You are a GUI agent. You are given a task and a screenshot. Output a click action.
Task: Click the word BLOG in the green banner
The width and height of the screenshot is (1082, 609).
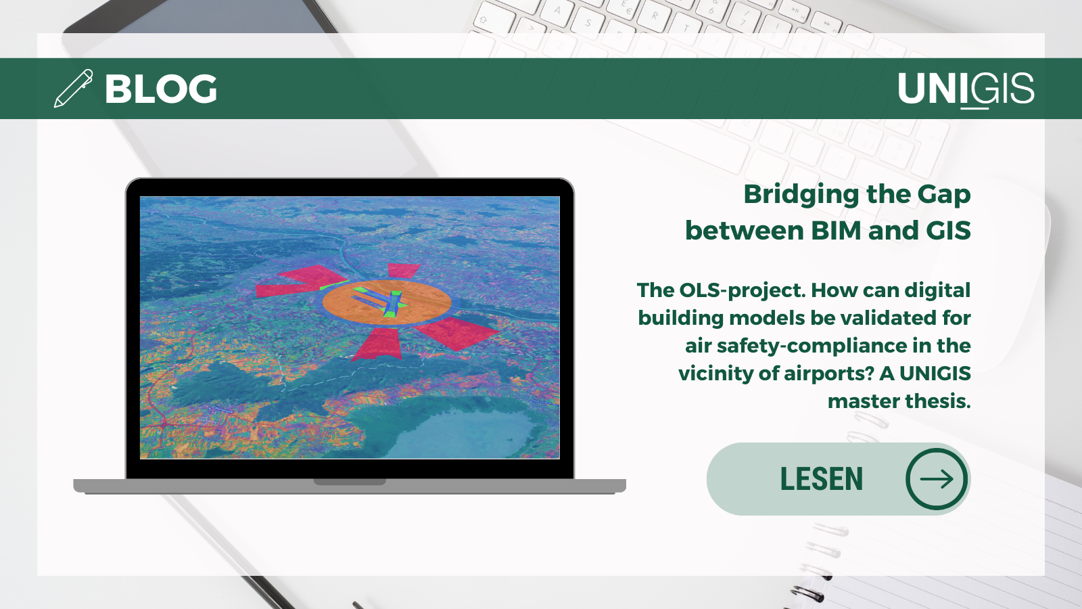(161, 89)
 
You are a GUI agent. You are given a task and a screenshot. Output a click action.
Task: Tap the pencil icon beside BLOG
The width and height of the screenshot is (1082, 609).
(74, 88)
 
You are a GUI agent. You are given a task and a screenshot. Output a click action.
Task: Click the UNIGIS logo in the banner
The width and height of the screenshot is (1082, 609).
(966, 90)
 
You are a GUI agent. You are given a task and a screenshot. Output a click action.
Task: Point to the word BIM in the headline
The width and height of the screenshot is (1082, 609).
(836, 230)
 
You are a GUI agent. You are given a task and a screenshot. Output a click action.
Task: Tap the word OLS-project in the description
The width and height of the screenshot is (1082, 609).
(742, 290)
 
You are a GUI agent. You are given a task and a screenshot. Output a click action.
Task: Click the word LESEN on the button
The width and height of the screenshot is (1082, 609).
(821, 479)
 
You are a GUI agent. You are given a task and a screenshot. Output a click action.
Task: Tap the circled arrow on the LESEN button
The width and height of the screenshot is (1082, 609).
(937, 479)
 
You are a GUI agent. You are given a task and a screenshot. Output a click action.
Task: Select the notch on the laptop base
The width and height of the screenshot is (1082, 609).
(350, 482)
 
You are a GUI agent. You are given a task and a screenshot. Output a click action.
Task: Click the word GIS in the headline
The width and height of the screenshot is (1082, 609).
(949, 230)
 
